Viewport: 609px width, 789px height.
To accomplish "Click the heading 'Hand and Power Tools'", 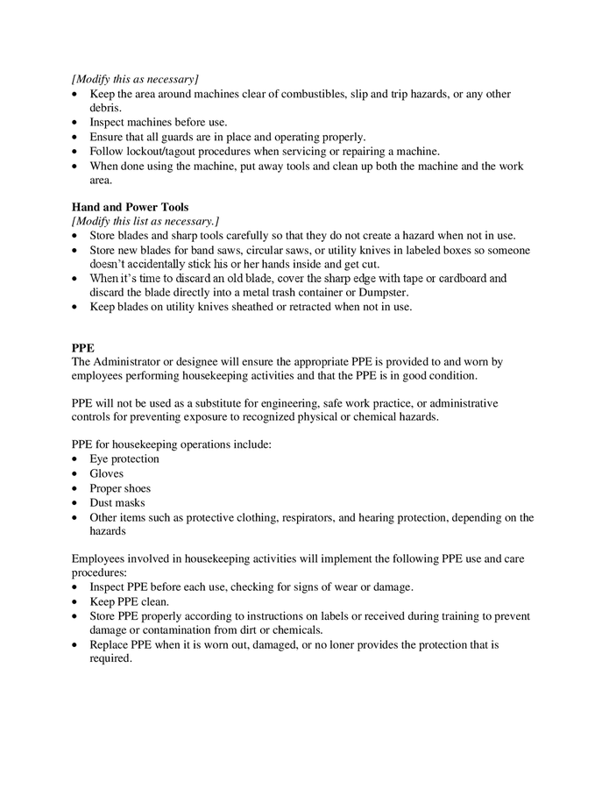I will click(130, 207).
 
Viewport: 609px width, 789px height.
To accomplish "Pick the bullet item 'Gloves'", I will click(107, 473).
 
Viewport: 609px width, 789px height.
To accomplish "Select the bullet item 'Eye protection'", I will click(124, 459).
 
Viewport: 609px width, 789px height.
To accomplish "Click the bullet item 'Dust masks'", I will click(117, 503).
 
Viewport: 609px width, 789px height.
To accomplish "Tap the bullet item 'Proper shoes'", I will click(120, 488).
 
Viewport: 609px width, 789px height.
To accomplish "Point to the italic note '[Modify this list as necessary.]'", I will click(145, 221).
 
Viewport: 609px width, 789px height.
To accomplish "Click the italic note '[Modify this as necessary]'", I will click(135, 79).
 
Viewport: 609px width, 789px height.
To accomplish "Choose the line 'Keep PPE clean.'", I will click(130, 601).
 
